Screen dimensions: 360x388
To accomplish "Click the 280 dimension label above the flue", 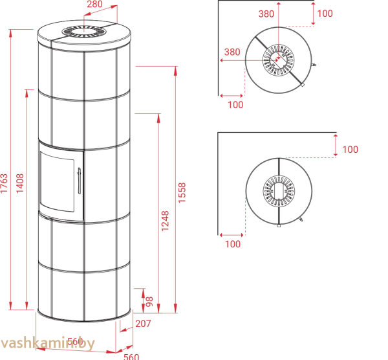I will [95, 5].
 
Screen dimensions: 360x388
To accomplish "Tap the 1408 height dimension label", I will [19, 183].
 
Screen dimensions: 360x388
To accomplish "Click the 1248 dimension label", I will [166, 220].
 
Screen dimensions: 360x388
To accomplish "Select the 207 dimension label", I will [144, 324].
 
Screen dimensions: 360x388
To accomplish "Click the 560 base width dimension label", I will [131, 355].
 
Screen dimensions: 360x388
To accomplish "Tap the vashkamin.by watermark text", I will [48, 344].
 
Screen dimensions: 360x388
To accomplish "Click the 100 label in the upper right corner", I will [325, 14].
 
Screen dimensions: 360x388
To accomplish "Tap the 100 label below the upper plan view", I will [235, 104].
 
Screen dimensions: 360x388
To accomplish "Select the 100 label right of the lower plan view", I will [350, 150].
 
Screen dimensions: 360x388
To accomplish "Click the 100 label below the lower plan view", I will [232, 244].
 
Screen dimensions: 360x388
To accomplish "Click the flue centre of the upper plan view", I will [279, 59].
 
